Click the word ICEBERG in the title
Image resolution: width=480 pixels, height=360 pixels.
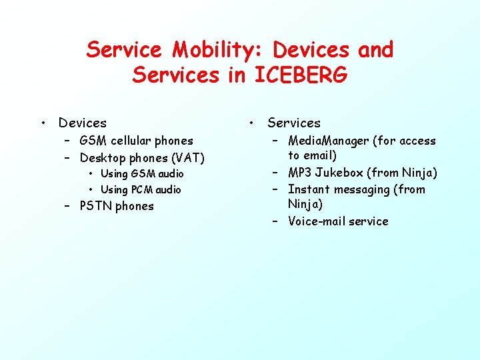point(301,75)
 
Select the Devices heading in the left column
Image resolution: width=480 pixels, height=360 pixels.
point(83,123)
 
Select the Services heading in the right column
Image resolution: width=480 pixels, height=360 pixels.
point(294,123)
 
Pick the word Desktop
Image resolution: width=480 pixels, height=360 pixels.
point(103,158)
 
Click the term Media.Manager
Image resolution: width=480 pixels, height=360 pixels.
point(328,141)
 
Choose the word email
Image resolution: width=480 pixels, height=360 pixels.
point(319,155)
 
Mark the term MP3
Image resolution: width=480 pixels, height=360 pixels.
point(300,173)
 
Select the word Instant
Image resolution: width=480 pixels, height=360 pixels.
point(308,189)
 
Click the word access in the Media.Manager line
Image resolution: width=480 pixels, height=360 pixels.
point(417,141)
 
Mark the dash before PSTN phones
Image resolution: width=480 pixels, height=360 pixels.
point(68,206)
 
